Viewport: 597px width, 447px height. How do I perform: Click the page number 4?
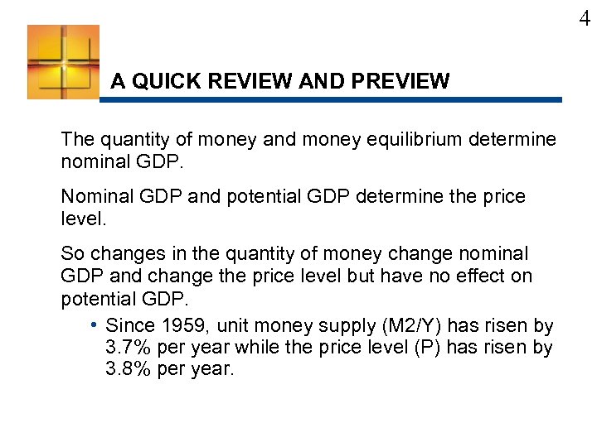[585, 19]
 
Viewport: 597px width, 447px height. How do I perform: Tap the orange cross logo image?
[63, 62]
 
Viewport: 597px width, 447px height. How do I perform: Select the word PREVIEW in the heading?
[400, 81]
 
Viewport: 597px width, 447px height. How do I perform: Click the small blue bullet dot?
[95, 324]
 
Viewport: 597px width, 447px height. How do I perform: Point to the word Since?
[129, 325]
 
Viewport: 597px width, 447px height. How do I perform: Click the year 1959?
[182, 325]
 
